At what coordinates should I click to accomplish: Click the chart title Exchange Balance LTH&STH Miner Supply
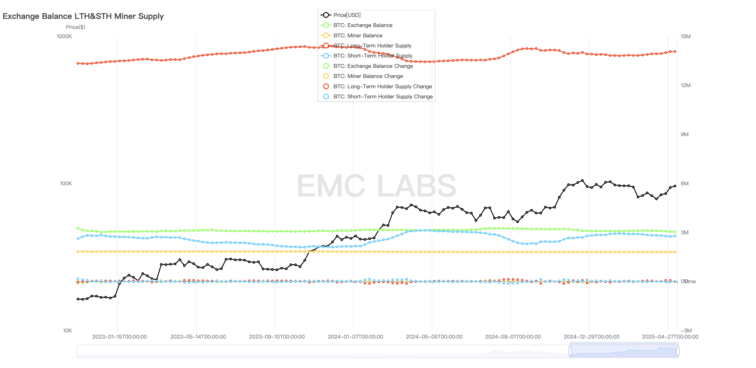point(83,16)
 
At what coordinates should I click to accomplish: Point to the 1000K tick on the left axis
point(64,36)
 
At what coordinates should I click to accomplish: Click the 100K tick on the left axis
point(66,183)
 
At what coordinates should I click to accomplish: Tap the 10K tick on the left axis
point(67,330)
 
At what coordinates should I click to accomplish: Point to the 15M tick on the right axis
point(685,36)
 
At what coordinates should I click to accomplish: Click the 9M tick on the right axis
point(684,134)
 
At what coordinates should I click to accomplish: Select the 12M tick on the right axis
point(685,85)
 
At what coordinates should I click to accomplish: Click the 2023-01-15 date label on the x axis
point(119,337)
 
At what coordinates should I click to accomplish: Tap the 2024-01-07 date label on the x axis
point(355,337)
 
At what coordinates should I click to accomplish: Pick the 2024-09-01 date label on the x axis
point(513,337)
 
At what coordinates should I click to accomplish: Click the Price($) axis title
point(75,27)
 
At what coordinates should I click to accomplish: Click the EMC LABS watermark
point(376,186)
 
